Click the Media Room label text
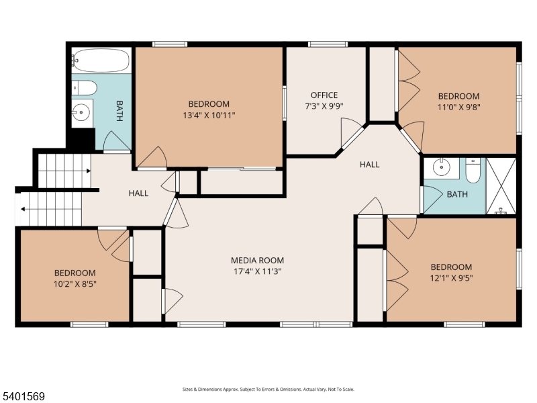click(x=257, y=260)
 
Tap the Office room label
click(x=324, y=95)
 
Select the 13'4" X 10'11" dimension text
click(x=209, y=115)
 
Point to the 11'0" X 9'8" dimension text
click(x=459, y=106)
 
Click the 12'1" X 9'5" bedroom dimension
click(x=451, y=277)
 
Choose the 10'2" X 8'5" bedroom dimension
click(x=75, y=283)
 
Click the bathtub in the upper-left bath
click(x=100, y=60)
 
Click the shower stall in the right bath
click(x=501, y=186)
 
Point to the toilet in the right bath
click(x=473, y=171)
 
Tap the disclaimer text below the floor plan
click(x=268, y=389)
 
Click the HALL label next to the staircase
click(x=138, y=193)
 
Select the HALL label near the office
click(x=369, y=165)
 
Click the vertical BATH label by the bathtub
click(x=119, y=111)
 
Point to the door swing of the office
click(x=350, y=130)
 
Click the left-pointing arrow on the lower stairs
click(x=24, y=209)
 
